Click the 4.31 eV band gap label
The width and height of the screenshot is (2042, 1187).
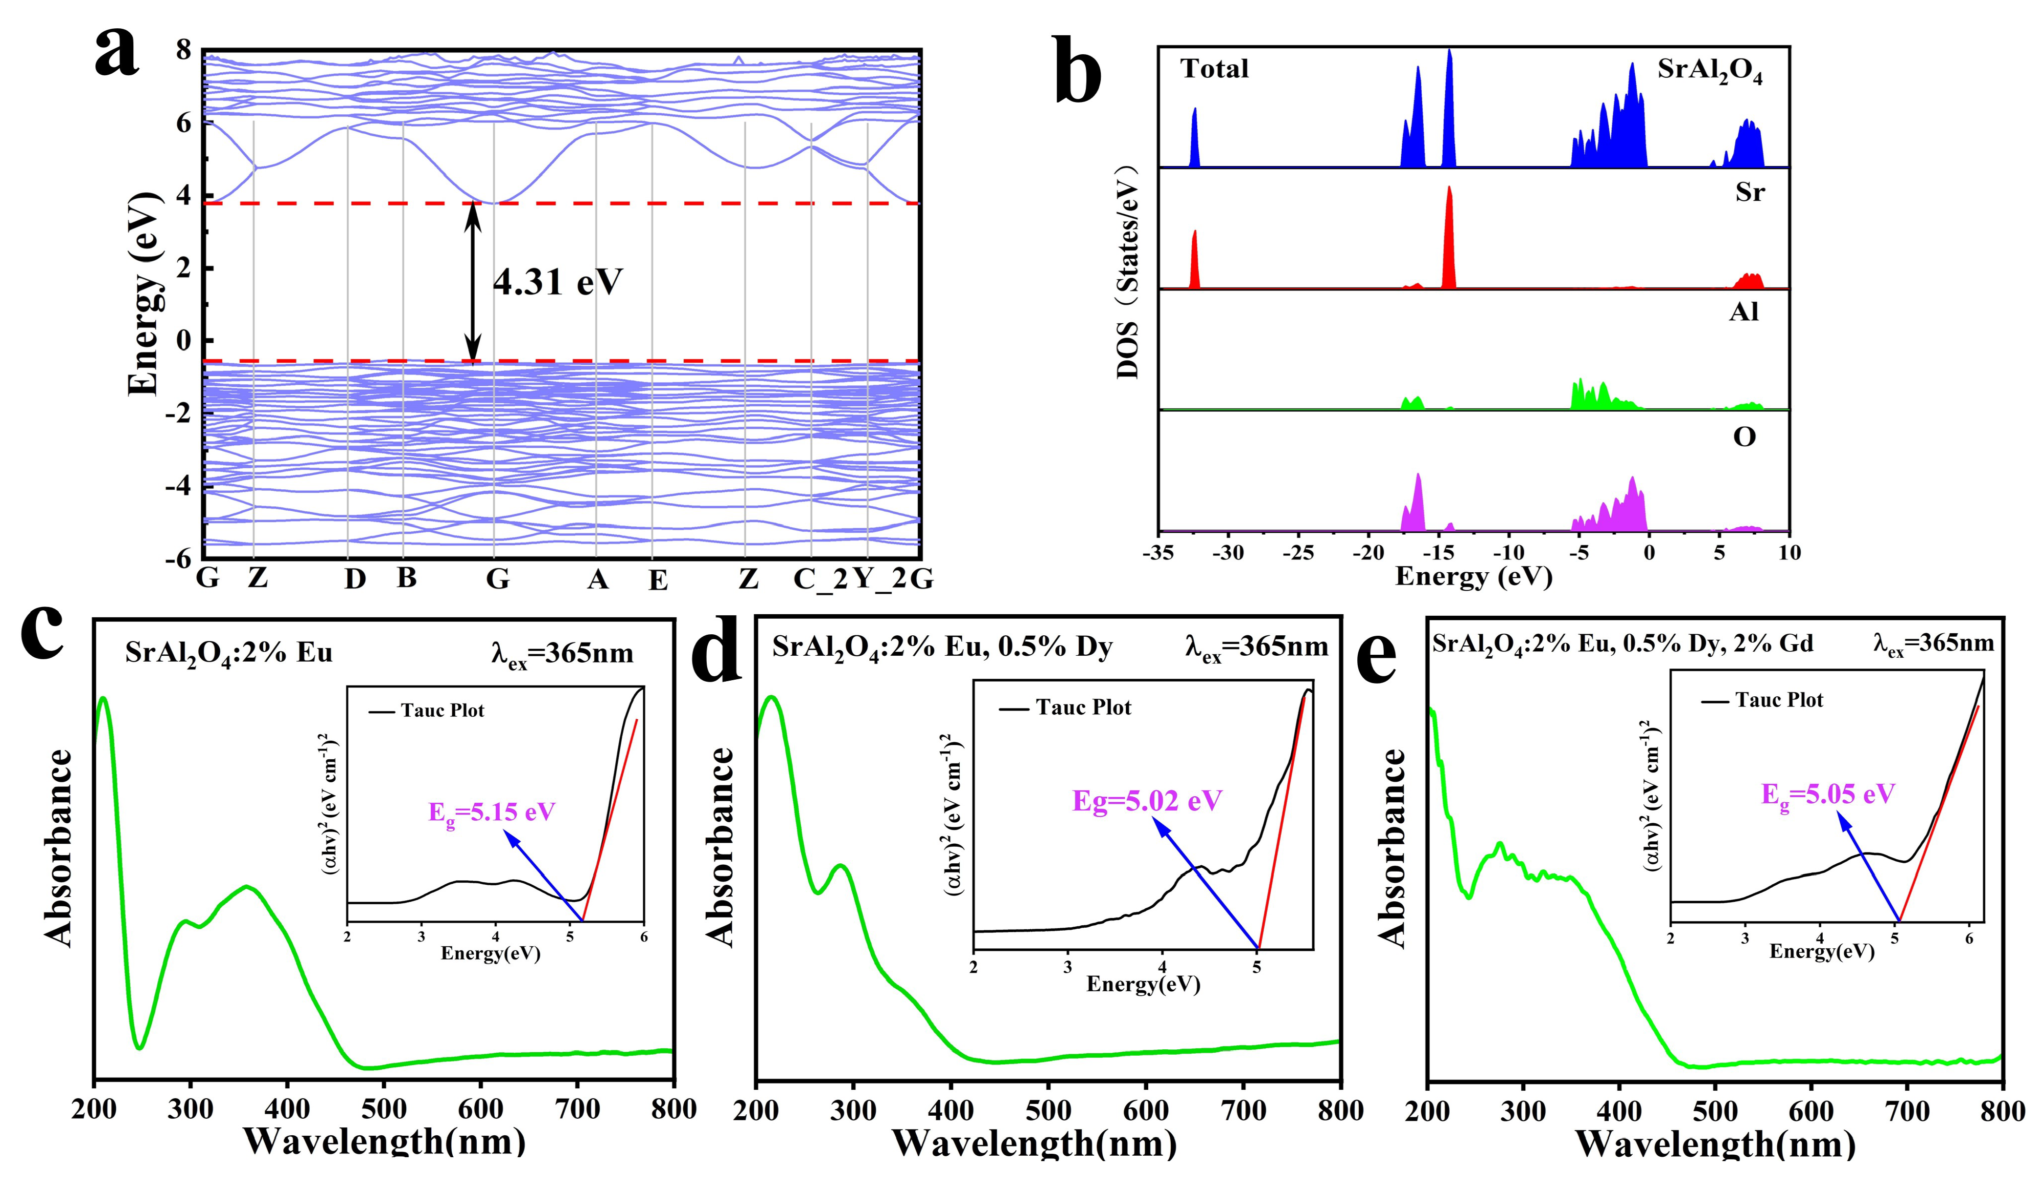(x=557, y=282)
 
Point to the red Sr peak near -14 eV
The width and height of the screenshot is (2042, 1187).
(x=1449, y=235)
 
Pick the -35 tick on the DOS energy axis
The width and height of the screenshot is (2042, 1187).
(x=1159, y=553)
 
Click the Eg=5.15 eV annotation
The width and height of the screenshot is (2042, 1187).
(x=492, y=812)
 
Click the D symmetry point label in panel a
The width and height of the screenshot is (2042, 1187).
(x=355, y=579)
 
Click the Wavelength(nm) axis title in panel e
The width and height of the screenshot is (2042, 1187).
(x=1715, y=1143)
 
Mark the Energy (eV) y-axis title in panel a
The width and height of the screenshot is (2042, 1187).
(x=144, y=293)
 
